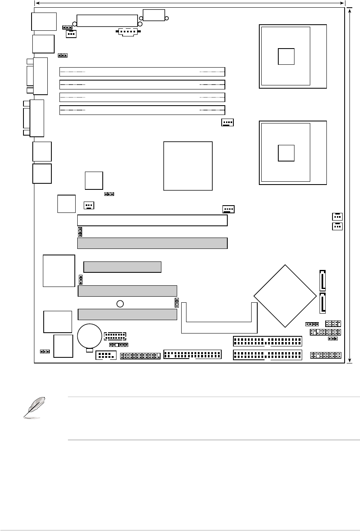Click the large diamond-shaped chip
point(285,296)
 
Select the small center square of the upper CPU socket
point(286,56)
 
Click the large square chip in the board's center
point(188,166)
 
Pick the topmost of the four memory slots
point(142,72)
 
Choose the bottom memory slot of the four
point(142,110)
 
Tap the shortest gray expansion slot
point(122,267)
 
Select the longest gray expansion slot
point(152,243)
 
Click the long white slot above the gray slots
point(152,221)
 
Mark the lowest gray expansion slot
point(127,314)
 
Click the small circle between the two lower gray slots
point(120,304)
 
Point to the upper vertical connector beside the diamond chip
point(322,280)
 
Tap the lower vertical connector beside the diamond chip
point(322,304)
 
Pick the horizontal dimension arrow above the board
point(189,3)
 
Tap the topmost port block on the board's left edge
point(43,21)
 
